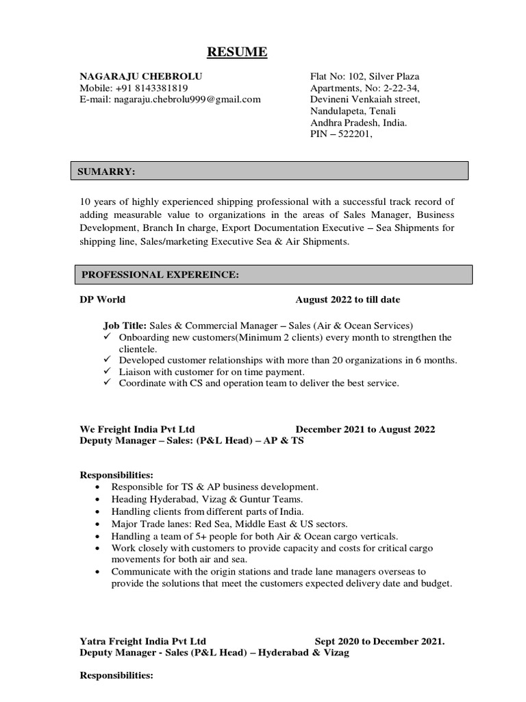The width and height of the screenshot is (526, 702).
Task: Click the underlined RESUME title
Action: pyautogui.click(x=238, y=52)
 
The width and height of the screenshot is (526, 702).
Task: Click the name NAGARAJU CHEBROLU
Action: pyautogui.click(x=141, y=76)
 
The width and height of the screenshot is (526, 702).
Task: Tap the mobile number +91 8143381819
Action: pyautogui.click(x=151, y=88)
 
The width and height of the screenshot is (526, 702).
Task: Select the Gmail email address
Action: pyautogui.click(x=187, y=99)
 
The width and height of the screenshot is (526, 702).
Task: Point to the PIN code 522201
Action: pyautogui.click(x=353, y=134)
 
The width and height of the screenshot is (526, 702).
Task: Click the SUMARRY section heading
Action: pyautogui.click(x=108, y=172)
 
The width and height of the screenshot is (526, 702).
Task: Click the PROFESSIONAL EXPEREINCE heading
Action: pyautogui.click(x=160, y=275)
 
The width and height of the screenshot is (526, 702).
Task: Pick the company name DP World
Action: pyautogui.click(x=103, y=300)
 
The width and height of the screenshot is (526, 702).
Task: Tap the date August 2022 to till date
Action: pyautogui.click(x=348, y=300)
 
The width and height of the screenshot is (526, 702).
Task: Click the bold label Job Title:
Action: pyautogui.click(x=125, y=326)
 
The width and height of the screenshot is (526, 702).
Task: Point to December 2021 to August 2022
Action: pyautogui.click(x=365, y=429)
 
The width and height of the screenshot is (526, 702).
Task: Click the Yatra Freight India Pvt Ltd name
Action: pyautogui.click(x=142, y=642)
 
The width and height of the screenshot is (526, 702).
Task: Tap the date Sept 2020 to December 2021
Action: pyautogui.click(x=379, y=642)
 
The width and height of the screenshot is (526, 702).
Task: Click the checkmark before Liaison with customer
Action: pyautogui.click(x=108, y=372)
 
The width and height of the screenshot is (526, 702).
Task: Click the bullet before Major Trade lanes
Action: pyautogui.click(x=100, y=524)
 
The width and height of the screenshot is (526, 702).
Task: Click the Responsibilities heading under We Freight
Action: pyautogui.click(x=116, y=475)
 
